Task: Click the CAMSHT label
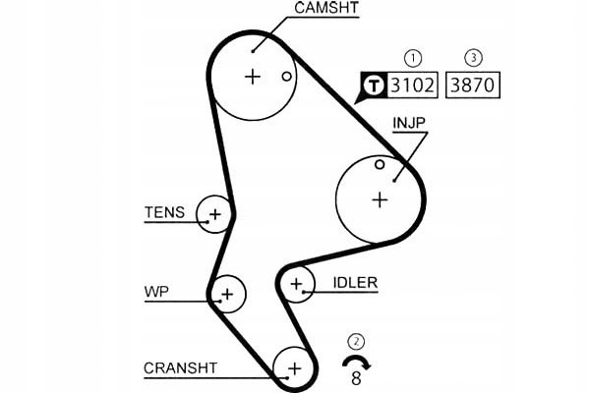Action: pyautogui.click(x=326, y=8)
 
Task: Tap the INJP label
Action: pyautogui.click(x=409, y=123)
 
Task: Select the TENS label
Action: pyautogui.click(x=165, y=212)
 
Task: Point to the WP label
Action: pyautogui.click(x=156, y=292)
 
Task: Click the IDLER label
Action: pyautogui.click(x=355, y=283)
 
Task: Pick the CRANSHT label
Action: pyautogui.click(x=181, y=367)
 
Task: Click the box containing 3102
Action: pyautogui.click(x=412, y=84)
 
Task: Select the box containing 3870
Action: pyautogui.click(x=473, y=84)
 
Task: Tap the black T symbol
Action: pyautogui.click(x=374, y=85)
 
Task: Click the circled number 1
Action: pyautogui.click(x=413, y=58)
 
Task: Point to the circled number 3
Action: pyautogui.click(x=473, y=58)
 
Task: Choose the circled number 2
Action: pyautogui.click(x=356, y=342)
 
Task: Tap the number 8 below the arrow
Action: pyautogui.click(x=356, y=378)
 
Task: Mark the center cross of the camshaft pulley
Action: pyautogui.click(x=253, y=77)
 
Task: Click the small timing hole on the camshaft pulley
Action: pyautogui.click(x=287, y=77)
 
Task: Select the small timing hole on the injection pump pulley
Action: pyautogui.click(x=380, y=164)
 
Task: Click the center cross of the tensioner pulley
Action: pyautogui.click(x=214, y=215)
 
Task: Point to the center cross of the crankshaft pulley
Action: pyautogui.click(x=295, y=368)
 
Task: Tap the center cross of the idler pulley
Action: pyautogui.click(x=297, y=284)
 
